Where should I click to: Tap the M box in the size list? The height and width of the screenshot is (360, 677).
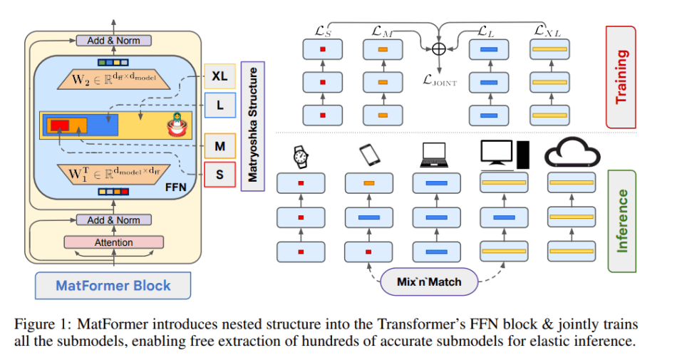[x=219, y=146]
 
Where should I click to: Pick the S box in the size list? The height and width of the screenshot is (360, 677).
[x=219, y=174]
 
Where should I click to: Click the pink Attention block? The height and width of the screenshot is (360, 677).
[x=114, y=242]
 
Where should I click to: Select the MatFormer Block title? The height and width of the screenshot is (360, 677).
[x=113, y=286]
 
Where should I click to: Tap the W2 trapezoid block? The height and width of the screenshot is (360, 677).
[x=115, y=78]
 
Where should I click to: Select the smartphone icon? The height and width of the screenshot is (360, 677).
[x=368, y=155]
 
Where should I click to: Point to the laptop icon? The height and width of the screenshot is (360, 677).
[x=435, y=155]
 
